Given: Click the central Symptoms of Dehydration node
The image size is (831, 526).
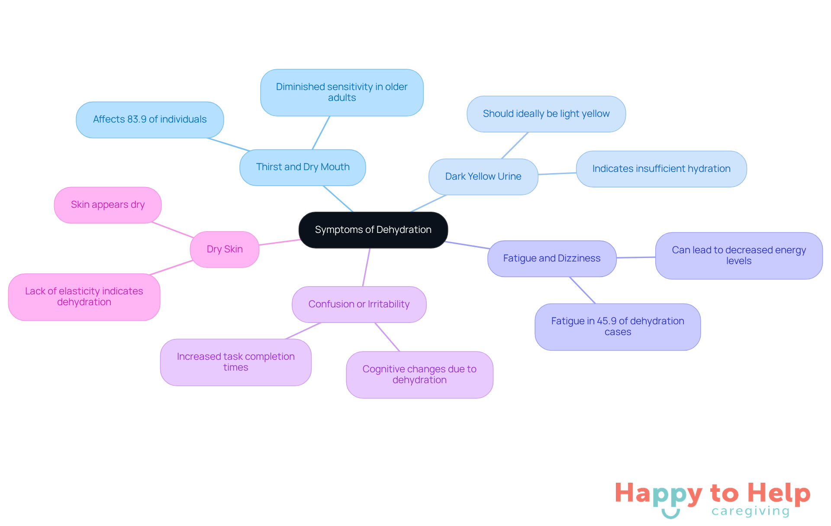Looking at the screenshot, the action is pos(373,230).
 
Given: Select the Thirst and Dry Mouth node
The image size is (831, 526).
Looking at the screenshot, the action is pos(303,168).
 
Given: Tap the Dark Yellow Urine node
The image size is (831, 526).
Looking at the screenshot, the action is pos(483,177).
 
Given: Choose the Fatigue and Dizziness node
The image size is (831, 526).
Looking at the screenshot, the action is pos(552,258).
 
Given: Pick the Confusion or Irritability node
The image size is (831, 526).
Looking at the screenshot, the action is pos(359,304).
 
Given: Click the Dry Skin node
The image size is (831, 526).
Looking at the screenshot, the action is pos(225,249).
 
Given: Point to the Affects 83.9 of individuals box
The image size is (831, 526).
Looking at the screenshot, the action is pos(150,120).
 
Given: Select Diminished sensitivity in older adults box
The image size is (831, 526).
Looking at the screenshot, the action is pos(342,93).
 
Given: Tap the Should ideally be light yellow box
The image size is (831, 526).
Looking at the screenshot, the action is pos(546,114).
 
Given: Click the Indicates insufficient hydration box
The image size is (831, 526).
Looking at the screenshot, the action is pos(661,169).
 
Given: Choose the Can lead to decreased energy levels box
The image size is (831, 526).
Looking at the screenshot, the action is pos(739,256).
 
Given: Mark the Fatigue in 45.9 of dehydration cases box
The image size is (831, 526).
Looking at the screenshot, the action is pos(618,327).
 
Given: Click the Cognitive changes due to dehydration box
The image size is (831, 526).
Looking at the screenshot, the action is pos(419,375).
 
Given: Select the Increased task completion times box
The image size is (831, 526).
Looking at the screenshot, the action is pos(236,362).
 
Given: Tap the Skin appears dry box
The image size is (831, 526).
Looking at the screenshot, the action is pos(108,205).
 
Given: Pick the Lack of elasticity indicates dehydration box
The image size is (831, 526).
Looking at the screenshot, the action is pos(84,297).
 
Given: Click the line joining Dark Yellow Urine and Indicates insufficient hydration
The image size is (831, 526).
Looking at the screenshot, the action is pos(557,174).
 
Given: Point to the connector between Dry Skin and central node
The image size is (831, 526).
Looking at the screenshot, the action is pos(279,242).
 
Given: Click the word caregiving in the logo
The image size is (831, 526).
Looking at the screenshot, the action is pos(750,511).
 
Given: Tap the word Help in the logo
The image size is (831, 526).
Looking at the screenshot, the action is pos(779,493).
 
